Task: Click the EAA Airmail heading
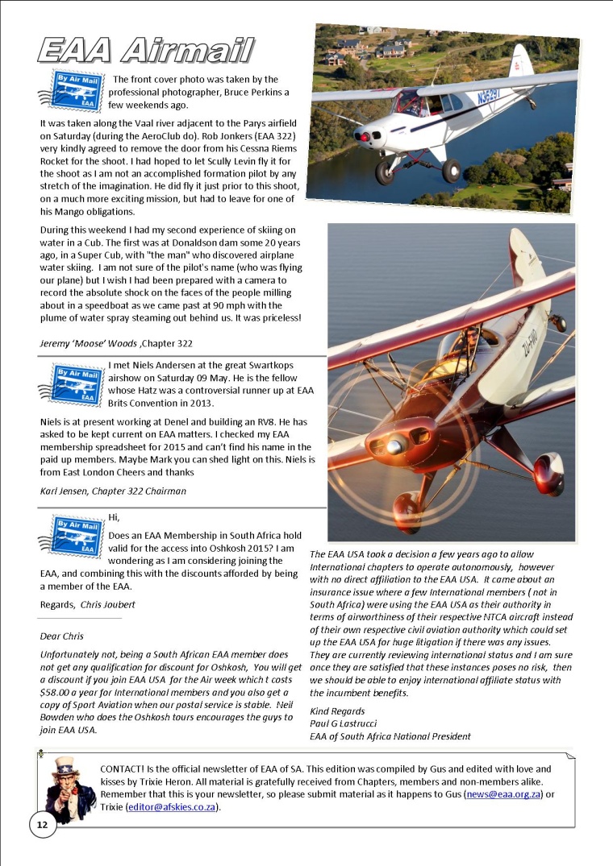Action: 145,50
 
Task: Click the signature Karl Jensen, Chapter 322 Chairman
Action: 113,491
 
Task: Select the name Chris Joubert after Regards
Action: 106,603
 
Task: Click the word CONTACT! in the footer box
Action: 126,769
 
